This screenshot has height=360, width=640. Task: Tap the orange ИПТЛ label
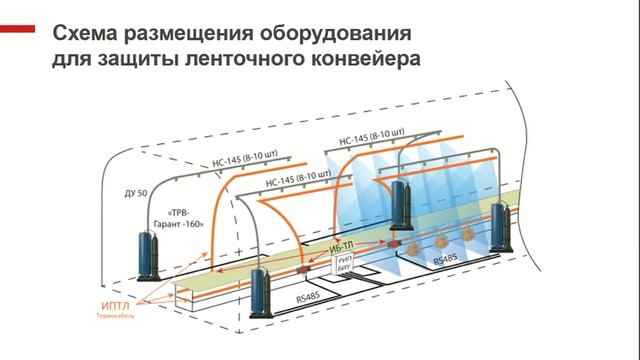(116, 307)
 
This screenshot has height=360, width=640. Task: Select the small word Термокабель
(117, 320)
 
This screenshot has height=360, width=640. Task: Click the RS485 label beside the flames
(450, 257)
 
